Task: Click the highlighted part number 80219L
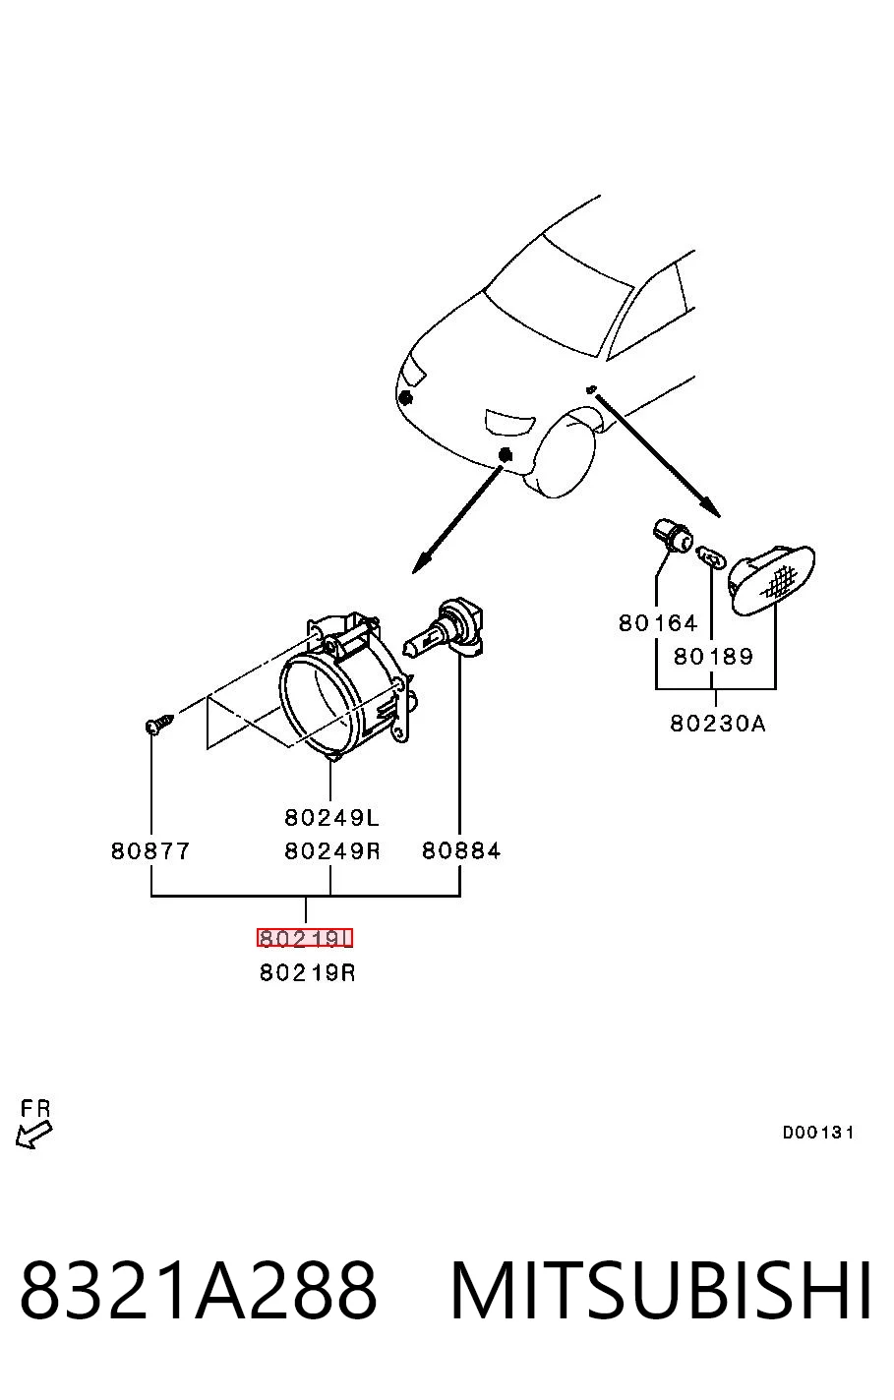point(305,938)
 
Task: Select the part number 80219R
point(307,972)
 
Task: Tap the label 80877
point(150,850)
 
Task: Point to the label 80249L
point(331,817)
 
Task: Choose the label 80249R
point(332,850)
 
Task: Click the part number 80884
point(461,850)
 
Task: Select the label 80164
point(658,623)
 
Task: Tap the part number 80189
point(713,657)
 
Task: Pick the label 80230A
point(718,724)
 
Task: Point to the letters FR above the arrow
point(35,1108)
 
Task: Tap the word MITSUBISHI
point(661,1289)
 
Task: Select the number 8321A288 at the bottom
point(199,1290)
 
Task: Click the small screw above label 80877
point(159,724)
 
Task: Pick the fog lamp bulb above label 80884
point(445,630)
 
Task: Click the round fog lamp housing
point(347,687)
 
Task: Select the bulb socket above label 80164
point(672,537)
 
